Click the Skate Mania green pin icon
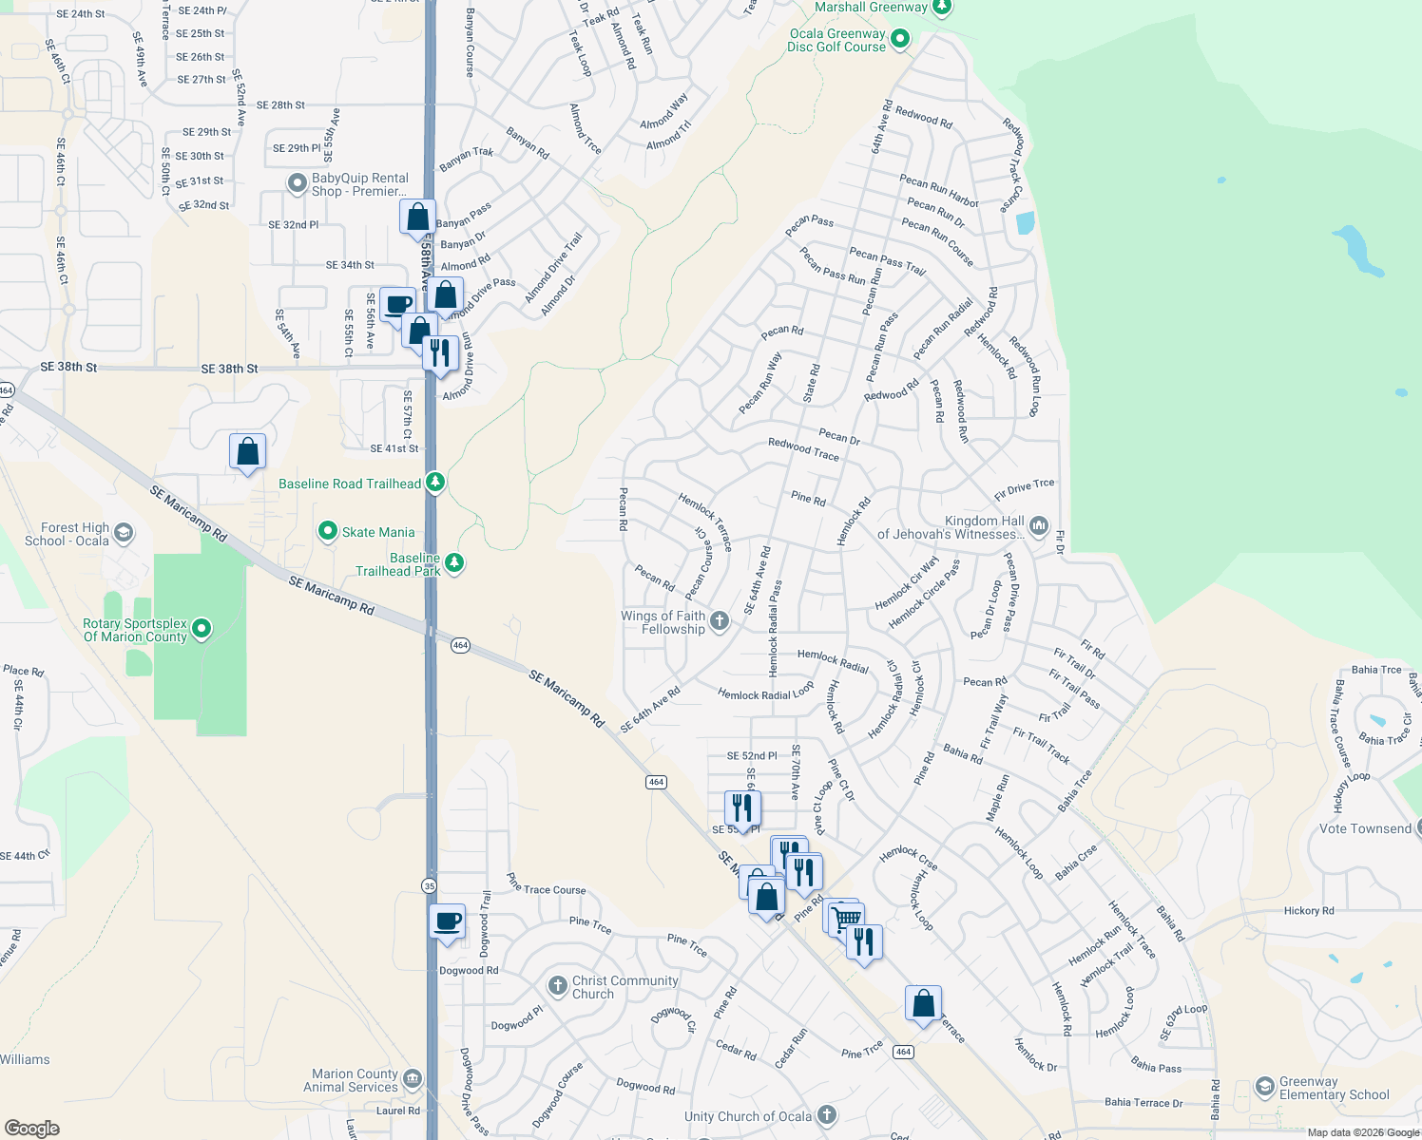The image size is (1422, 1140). [x=328, y=531]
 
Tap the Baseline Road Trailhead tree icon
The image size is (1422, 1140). [x=435, y=483]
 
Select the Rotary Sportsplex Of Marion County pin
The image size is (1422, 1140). [x=202, y=629]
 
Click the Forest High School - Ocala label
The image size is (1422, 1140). [x=67, y=534]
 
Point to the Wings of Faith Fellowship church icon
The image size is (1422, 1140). [x=720, y=621]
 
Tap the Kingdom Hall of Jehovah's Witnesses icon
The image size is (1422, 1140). [x=1039, y=525]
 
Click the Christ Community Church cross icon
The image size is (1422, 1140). [x=558, y=986]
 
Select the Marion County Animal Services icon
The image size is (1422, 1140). [x=413, y=1079]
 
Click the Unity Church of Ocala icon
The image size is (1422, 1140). [x=827, y=1115]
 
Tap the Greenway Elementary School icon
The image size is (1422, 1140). [x=1264, y=1086]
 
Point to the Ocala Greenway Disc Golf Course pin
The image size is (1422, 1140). [x=900, y=39]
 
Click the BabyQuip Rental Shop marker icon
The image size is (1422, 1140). [x=298, y=182]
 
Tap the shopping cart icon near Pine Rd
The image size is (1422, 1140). [x=845, y=918]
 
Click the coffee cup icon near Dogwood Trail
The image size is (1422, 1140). [x=448, y=921]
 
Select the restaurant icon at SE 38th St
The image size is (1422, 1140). [x=440, y=352]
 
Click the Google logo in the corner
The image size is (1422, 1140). [x=31, y=1128]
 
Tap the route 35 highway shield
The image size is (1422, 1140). [x=429, y=885]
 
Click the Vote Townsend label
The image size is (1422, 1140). [x=1365, y=828]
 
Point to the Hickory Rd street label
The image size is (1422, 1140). [x=1309, y=910]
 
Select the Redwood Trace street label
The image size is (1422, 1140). [x=803, y=449]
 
